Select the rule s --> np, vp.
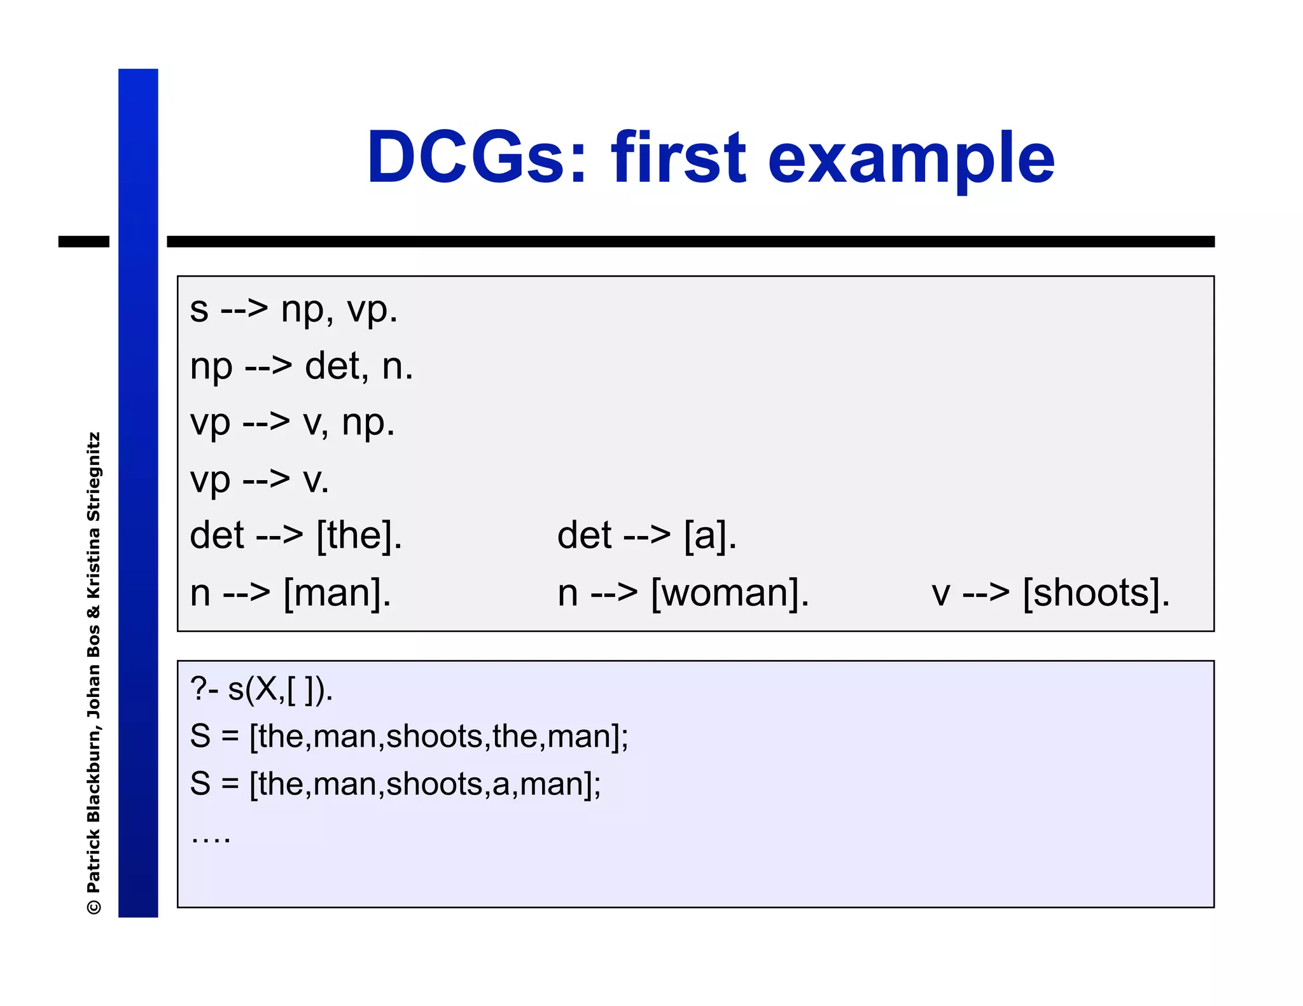(293, 310)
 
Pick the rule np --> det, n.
(302, 366)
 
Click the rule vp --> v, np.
(292, 423)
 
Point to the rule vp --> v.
(260, 479)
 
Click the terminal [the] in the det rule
(359, 535)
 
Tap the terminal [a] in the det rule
(710, 535)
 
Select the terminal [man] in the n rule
(337, 593)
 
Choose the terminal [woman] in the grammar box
(729, 593)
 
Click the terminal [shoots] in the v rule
(1096, 593)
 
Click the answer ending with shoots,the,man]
(408, 736)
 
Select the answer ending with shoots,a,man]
(395, 784)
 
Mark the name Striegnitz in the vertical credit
(94, 476)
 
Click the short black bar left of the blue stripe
(83, 242)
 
